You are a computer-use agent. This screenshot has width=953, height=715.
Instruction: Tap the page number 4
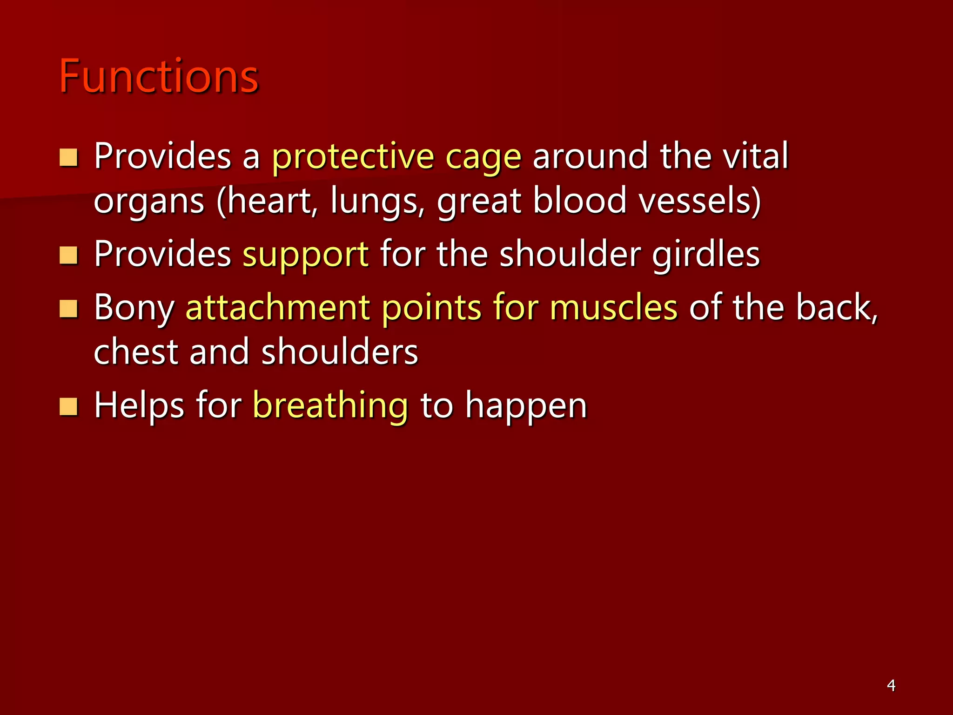coord(891,685)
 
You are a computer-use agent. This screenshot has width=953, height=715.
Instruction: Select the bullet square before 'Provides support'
coord(68,256)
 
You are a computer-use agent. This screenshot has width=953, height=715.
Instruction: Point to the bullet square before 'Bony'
coord(68,309)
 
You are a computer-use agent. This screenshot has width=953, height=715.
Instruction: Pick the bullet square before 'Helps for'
coord(68,406)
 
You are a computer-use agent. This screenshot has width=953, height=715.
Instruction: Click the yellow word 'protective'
coord(353,157)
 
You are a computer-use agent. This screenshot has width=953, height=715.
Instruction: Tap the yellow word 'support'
coord(306,255)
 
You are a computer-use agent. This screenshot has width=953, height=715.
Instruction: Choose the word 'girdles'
coord(705,254)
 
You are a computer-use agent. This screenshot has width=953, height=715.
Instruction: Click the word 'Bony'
coord(134,308)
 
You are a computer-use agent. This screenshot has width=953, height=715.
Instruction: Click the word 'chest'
coord(136,351)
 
